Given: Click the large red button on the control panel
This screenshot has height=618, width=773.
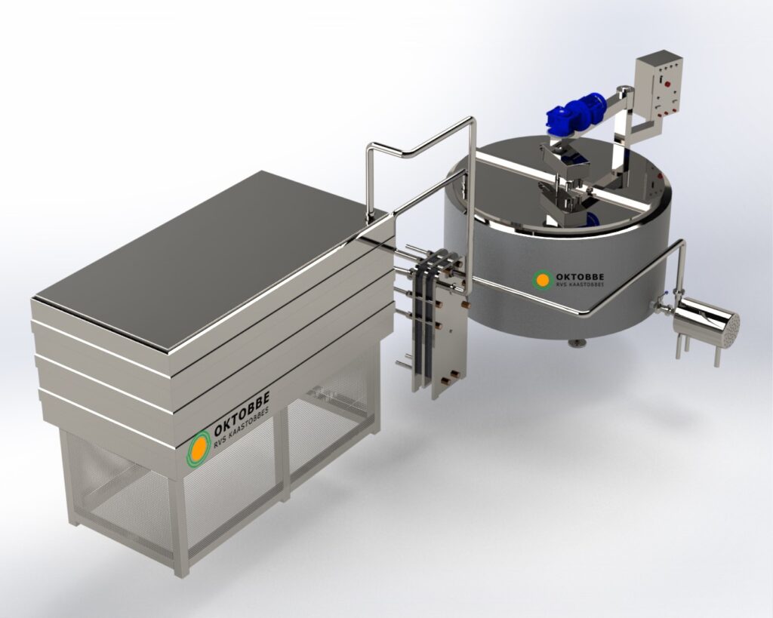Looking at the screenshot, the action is pyautogui.click(x=669, y=85).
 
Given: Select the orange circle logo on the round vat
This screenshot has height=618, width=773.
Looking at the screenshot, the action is pyautogui.click(x=542, y=280).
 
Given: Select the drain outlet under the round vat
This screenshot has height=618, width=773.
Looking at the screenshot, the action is pyautogui.click(x=574, y=343).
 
